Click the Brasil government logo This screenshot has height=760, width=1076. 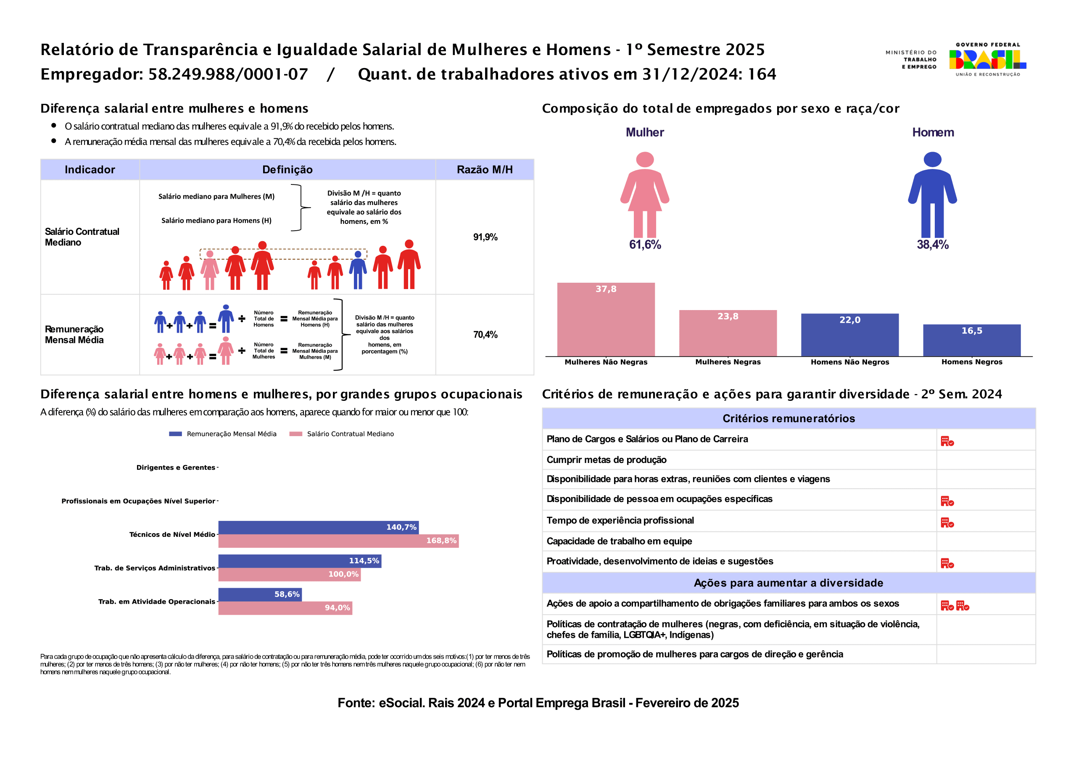[x=987, y=60]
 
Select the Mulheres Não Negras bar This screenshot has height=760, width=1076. [x=606, y=320]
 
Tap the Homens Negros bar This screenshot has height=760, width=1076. [x=971, y=341]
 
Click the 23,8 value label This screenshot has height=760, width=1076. [x=728, y=317]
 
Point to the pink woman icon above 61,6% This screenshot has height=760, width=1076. [x=645, y=194]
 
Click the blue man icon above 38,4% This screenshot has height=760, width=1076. [x=932, y=194]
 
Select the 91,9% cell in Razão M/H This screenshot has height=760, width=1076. [x=485, y=237]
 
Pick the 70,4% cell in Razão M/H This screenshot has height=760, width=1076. [x=485, y=334]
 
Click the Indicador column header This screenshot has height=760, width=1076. [x=90, y=170]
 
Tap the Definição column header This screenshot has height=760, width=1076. [x=287, y=170]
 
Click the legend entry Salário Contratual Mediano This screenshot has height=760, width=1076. [x=350, y=434]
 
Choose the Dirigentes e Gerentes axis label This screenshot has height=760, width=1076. [x=175, y=468]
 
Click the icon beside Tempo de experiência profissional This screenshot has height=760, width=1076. [x=947, y=523]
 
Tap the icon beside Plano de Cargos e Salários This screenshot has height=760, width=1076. [x=947, y=442]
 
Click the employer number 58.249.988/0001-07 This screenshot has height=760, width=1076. [x=228, y=74]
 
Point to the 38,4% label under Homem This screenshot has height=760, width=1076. [x=933, y=245]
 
